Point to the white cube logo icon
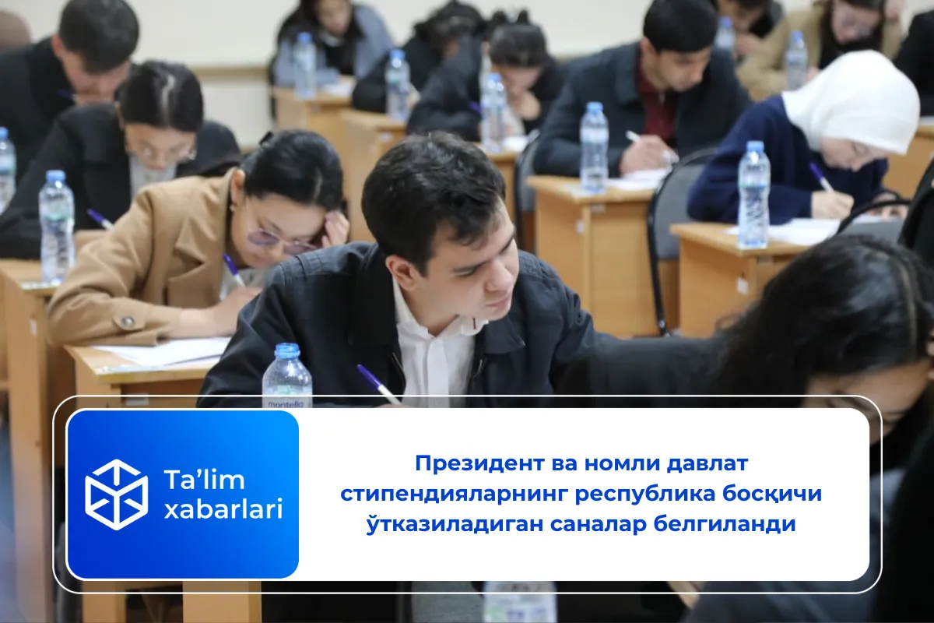pos(116,495)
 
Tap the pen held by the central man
pos(377,383)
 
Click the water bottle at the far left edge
pos(6,167)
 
